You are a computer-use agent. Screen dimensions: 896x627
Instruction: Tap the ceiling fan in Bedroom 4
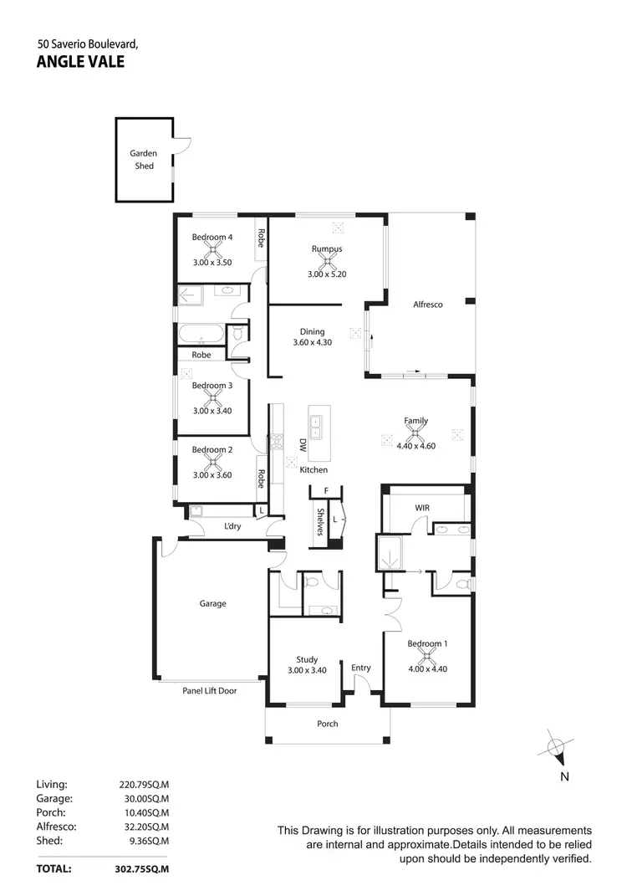click(x=212, y=249)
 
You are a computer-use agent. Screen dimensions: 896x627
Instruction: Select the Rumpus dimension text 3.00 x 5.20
click(x=326, y=274)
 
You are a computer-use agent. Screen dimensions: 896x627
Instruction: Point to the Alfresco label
click(x=427, y=305)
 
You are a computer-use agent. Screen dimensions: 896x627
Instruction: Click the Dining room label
click(x=313, y=331)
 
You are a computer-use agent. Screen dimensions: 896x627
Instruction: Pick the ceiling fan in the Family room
click(x=415, y=433)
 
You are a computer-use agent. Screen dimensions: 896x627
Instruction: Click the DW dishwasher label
click(x=303, y=448)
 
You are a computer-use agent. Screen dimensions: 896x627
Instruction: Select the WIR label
click(x=422, y=508)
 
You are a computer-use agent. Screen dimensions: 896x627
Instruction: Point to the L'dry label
click(x=232, y=526)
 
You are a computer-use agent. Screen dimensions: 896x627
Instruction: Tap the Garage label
click(x=212, y=603)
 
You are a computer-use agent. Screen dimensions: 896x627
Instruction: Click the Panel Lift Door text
click(x=209, y=690)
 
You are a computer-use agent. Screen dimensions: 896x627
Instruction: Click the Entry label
click(x=361, y=668)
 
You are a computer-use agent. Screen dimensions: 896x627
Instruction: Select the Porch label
click(x=328, y=724)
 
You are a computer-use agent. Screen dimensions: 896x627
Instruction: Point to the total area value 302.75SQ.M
click(x=141, y=869)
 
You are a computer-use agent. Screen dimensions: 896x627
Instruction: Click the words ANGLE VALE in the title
click(x=80, y=61)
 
